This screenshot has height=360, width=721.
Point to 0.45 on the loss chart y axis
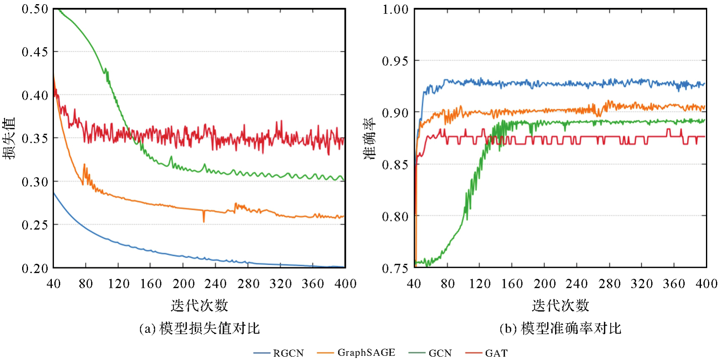coord(35,52)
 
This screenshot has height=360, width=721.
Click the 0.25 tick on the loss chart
coord(35,225)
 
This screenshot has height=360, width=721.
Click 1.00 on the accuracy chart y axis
coord(395,9)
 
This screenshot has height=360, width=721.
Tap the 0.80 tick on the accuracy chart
coord(395,216)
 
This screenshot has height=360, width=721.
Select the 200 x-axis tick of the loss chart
coord(183,284)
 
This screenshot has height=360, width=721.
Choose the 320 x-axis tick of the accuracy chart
coord(642,284)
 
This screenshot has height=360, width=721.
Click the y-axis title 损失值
coord(9,138)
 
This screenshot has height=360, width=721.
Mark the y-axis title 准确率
coord(369,138)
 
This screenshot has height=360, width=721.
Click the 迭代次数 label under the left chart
coord(199,305)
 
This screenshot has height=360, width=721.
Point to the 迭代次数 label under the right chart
coord(560,305)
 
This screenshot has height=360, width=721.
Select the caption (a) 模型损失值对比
coord(199,329)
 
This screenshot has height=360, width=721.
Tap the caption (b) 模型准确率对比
coord(560,329)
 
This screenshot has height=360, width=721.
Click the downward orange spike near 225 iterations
coord(204,219)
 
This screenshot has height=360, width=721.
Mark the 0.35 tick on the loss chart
coord(35,138)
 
